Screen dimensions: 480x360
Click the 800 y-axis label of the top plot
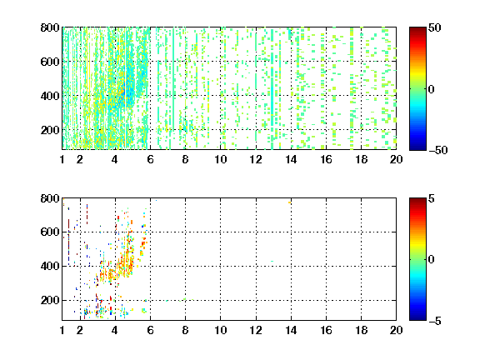tap(50, 27)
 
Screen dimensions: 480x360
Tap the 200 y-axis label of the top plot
tap(50, 130)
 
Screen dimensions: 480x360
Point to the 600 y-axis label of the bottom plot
tap(50, 232)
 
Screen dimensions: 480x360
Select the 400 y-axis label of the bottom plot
tap(50, 266)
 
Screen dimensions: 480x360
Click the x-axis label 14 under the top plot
tap(291, 159)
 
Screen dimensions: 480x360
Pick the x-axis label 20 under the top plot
tap(396, 159)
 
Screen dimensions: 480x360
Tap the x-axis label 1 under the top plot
tap(62, 159)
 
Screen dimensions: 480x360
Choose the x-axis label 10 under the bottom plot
tap(220, 330)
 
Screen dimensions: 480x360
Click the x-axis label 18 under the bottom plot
tap(361, 330)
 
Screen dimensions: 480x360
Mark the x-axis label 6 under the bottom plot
tap(150, 330)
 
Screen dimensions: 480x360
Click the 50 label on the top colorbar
tap(434, 27)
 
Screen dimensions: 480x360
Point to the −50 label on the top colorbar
tap(438, 150)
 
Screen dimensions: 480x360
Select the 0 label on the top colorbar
tap(431, 89)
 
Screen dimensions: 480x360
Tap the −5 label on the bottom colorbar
tap(435, 321)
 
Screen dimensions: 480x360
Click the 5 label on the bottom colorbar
tap(432, 198)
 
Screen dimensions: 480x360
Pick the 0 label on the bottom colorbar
tap(431, 260)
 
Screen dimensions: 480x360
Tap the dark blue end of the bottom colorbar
tap(417, 318)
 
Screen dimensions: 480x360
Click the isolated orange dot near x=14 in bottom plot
tap(289, 202)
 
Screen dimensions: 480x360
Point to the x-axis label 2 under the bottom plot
tap(80, 330)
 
